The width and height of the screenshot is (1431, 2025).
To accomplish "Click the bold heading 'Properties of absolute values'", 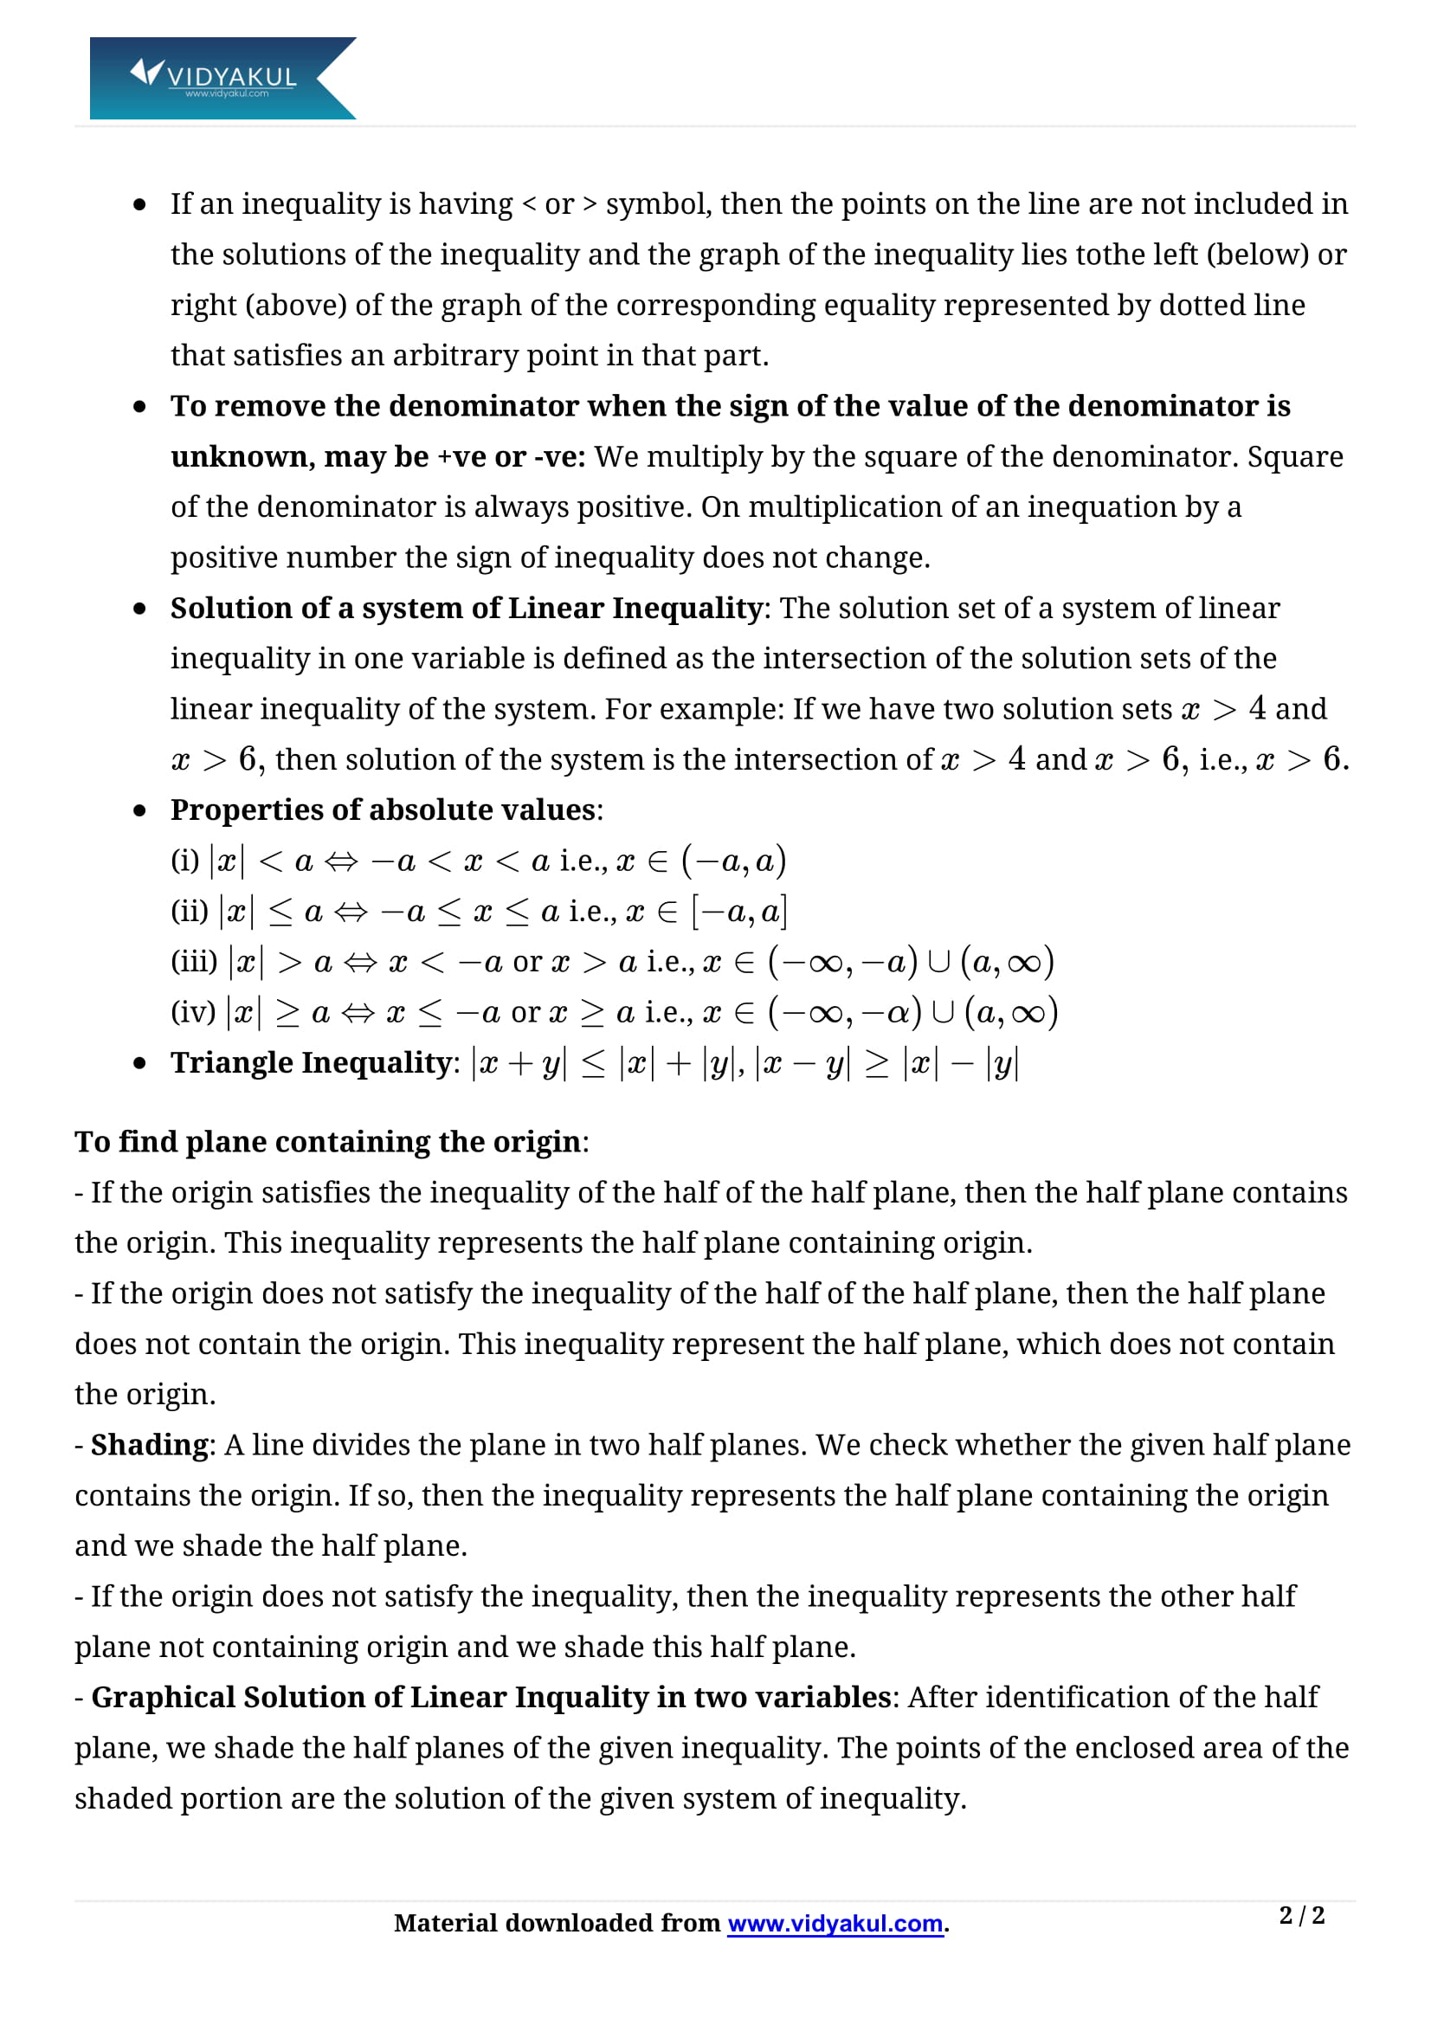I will pos(383,809).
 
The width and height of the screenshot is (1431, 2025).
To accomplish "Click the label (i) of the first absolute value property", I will pos(184,860).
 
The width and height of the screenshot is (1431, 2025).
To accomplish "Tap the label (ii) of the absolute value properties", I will pos(189,911).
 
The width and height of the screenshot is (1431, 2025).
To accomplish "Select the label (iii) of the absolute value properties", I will pos(193,961).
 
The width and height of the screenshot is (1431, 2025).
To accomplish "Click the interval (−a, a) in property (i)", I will pos(733,861).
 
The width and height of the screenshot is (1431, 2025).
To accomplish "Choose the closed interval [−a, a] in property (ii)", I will pos(740,911).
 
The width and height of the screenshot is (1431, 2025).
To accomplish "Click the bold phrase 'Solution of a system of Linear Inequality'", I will pos(467,608).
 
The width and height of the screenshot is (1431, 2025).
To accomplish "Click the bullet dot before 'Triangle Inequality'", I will pos(139,1064).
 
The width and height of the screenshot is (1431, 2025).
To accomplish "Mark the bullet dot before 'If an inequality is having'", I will pos(139,205).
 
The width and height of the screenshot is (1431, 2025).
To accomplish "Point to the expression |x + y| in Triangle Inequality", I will pos(519,1063).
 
